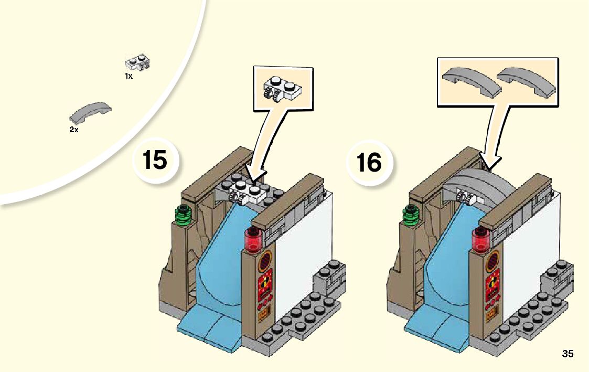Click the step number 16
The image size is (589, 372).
click(369, 162)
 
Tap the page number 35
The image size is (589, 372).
click(567, 354)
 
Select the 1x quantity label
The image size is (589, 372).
click(128, 76)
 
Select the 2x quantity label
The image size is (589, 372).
click(74, 130)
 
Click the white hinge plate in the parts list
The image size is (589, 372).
click(137, 63)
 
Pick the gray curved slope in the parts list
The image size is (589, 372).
click(91, 110)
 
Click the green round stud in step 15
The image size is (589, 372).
click(183, 214)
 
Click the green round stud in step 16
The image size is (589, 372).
click(410, 214)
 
